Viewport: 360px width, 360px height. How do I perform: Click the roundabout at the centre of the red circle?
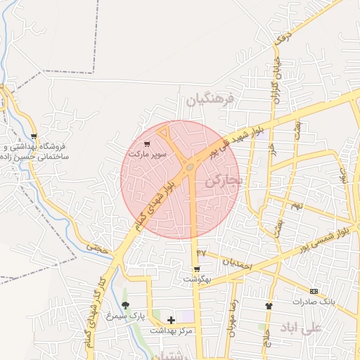[190, 167]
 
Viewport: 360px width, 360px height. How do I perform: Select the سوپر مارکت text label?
[147, 153]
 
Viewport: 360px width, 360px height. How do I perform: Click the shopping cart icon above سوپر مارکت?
[147, 143]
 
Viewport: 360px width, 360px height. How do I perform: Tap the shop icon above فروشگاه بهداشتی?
[34, 136]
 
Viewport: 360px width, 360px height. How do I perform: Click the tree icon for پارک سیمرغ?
[125, 305]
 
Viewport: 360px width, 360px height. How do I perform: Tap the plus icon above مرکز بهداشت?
[171, 320]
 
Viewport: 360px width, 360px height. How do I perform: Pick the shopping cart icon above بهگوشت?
[197, 269]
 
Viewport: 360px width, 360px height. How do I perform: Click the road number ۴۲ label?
[201, 252]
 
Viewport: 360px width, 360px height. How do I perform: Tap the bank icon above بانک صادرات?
[314, 291]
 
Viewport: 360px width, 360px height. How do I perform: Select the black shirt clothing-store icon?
[268, 306]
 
